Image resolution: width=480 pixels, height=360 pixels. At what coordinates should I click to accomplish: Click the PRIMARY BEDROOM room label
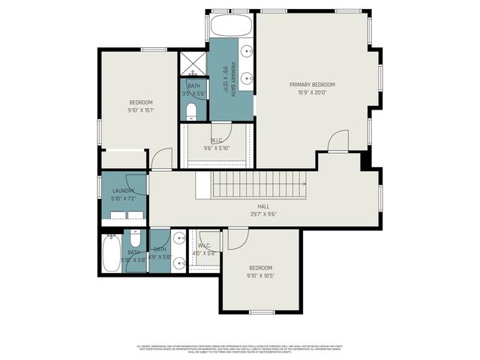pyautogui.click(x=312, y=84)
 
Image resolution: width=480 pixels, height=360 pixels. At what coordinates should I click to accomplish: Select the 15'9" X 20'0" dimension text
pyautogui.click(x=312, y=92)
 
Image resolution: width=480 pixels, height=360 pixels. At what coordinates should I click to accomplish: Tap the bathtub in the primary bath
pyautogui.click(x=232, y=27)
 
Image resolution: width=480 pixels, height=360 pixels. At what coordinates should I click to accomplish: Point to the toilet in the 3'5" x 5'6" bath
pyautogui.click(x=191, y=112)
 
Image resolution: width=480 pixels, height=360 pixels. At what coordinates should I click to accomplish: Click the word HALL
pyautogui.click(x=263, y=206)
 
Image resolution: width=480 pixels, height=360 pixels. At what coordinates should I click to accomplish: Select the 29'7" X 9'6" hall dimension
pyautogui.click(x=263, y=214)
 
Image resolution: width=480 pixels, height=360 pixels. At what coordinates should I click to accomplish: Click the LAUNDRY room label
pyautogui.click(x=123, y=191)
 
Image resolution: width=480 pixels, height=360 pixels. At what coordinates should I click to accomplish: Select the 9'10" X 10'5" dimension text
pyautogui.click(x=260, y=276)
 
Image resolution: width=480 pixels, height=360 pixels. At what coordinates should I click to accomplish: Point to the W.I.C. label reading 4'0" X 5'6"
pyautogui.click(x=205, y=250)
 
